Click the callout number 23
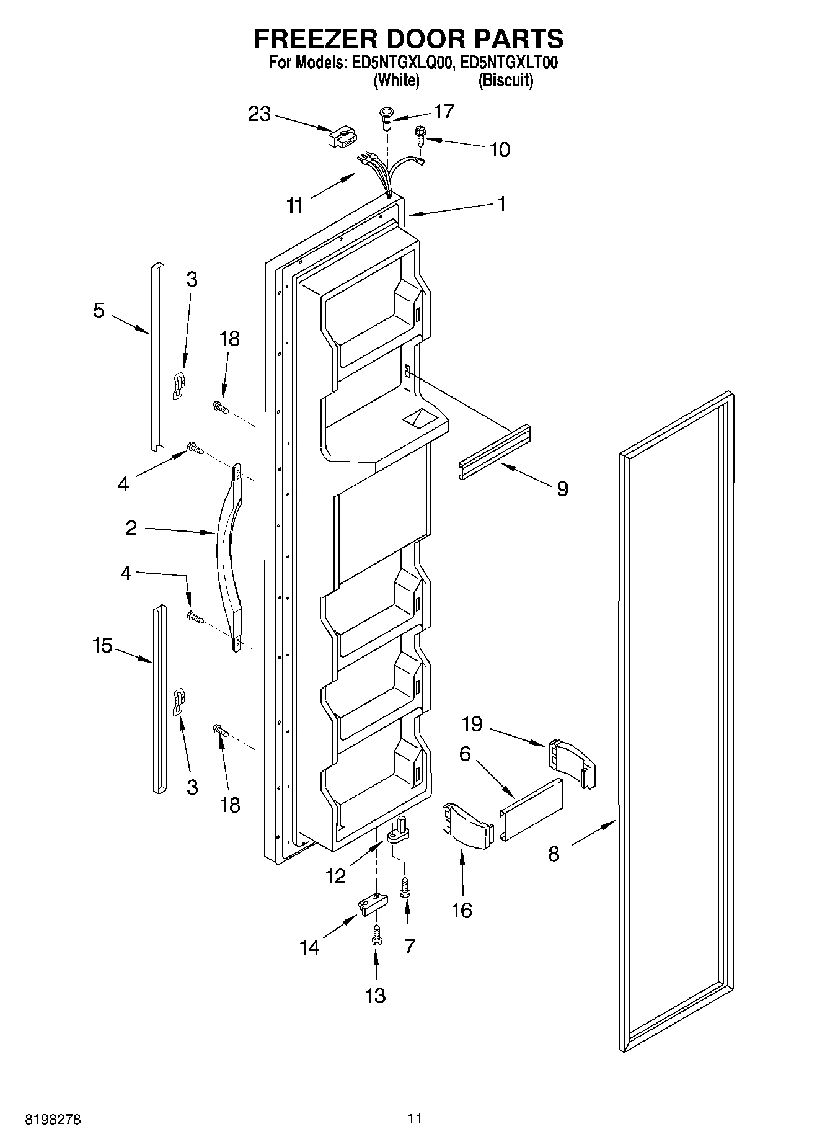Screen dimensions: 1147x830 [260, 114]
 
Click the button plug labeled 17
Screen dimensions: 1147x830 [387, 118]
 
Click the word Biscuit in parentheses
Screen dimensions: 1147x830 [505, 81]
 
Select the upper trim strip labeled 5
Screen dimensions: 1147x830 [156, 357]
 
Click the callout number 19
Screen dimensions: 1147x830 [472, 723]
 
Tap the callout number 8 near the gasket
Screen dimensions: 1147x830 [554, 854]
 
